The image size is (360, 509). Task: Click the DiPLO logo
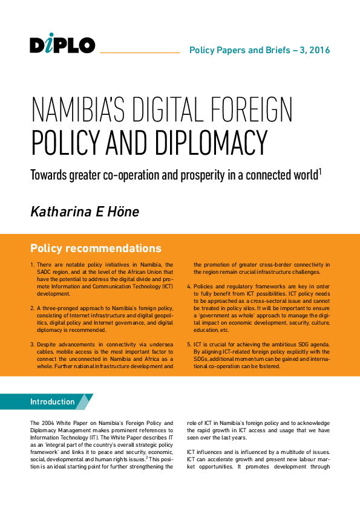62,44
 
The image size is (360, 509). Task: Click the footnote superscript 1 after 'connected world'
319,172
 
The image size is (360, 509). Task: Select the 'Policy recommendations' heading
96,248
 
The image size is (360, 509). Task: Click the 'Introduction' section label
53,402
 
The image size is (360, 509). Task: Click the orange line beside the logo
140,53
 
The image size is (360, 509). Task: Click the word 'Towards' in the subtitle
50,177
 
